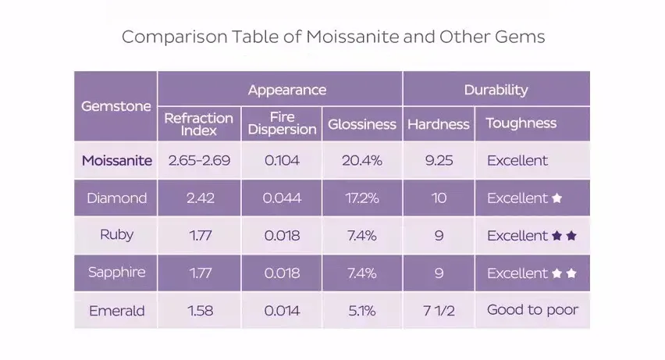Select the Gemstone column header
(x=116, y=106)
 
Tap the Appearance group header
(x=286, y=90)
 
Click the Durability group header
(x=496, y=90)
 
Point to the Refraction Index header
(x=199, y=124)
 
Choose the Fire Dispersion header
(x=282, y=124)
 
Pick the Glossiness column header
(x=362, y=124)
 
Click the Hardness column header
(x=439, y=124)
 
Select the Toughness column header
(x=521, y=123)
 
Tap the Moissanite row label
(x=117, y=161)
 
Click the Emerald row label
(x=117, y=311)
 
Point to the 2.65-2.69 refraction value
(x=199, y=161)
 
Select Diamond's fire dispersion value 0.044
(x=282, y=198)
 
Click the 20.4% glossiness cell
(x=362, y=161)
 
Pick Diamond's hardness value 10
(x=439, y=198)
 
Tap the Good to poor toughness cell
(x=532, y=310)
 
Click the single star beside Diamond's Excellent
(x=557, y=198)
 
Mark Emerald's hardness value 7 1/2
(x=439, y=311)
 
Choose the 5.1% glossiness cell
(x=362, y=311)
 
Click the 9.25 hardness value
(x=439, y=161)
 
